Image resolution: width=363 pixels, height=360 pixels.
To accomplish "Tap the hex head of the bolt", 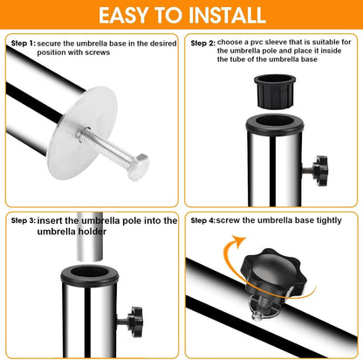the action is (x=138, y=167).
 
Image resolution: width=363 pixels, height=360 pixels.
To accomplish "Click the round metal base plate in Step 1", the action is (x=82, y=133).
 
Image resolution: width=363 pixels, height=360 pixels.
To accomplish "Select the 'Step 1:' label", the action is (x=24, y=44).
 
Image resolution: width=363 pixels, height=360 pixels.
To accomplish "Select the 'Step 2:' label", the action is (x=203, y=44).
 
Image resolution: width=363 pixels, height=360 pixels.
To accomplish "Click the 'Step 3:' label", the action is (x=24, y=220).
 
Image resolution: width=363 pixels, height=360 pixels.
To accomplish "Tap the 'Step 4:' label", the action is (x=203, y=220).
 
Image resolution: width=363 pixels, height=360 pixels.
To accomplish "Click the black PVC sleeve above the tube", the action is (x=275, y=92).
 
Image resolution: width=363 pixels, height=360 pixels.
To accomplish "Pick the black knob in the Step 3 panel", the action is (x=135, y=322).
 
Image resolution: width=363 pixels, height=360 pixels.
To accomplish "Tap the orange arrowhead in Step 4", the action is (x=239, y=242).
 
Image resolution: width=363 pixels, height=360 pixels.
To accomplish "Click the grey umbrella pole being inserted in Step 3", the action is (x=90, y=238).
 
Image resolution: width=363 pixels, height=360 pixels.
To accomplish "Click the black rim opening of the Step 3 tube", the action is (x=90, y=274).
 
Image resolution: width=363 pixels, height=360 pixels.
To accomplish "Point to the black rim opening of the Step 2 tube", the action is (x=275, y=124).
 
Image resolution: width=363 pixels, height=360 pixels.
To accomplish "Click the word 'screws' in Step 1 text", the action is (x=98, y=52).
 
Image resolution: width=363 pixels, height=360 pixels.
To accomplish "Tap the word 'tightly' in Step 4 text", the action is (x=329, y=221).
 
